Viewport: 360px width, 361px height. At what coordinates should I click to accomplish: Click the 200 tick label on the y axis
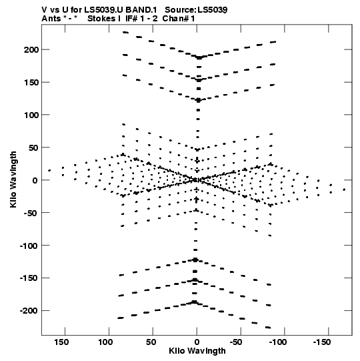[x=31, y=50]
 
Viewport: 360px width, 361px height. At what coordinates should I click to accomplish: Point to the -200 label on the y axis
[x=29, y=311]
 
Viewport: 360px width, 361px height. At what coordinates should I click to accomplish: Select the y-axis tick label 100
[x=31, y=115]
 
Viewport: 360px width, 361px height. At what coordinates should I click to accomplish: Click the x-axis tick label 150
[x=61, y=342]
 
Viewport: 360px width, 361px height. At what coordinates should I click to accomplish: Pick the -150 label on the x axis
[x=322, y=342]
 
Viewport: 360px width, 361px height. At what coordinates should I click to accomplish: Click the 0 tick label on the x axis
[x=197, y=342]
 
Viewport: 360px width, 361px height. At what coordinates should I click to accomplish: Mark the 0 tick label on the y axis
[x=35, y=180]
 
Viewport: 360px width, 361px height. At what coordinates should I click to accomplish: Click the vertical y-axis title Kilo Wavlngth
[x=13, y=179]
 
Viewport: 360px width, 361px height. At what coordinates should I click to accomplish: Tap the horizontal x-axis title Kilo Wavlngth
[x=197, y=351]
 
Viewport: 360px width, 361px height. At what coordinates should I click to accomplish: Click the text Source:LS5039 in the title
[x=196, y=10]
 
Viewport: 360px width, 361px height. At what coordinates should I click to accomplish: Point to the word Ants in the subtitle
[x=51, y=19]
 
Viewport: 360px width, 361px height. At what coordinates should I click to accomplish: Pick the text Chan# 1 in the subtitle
[x=179, y=19]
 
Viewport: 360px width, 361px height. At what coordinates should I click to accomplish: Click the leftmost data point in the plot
[x=49, y=170]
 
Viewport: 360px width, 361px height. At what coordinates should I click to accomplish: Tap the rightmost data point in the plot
[x=344, y=190]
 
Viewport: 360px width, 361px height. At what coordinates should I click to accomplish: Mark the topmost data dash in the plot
[x=125, y=33]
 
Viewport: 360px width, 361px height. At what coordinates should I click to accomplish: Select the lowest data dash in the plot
[x=268, y=327]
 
